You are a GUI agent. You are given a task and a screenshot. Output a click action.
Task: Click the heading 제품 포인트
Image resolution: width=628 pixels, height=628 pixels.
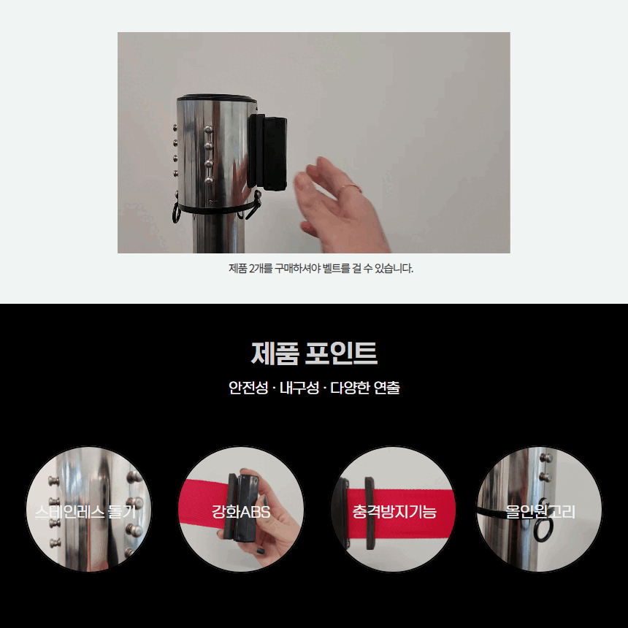point(314,353)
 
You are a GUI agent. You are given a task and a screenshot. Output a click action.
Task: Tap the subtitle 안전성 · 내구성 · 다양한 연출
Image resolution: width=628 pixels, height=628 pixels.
point(314,388)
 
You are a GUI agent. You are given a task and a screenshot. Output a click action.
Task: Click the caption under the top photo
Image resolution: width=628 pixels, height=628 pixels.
point(321,268)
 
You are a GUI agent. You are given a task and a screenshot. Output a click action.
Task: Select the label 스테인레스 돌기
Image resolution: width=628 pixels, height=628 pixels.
point(85,512)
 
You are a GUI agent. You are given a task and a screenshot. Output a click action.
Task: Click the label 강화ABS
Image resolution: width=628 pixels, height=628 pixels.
point(241,512)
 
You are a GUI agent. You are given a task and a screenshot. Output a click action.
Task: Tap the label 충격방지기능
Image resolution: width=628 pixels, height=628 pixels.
point(394,512)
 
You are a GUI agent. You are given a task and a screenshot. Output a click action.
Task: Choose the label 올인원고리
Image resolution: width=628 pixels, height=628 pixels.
point(540,512)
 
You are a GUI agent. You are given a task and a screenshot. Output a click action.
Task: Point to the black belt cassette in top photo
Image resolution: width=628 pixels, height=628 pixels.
point(267,153)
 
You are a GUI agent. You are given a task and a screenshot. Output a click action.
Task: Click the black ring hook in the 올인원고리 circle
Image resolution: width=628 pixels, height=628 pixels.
point(544,521)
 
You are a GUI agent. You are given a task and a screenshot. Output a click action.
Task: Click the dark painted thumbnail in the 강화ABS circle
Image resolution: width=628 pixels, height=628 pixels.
point(261,551)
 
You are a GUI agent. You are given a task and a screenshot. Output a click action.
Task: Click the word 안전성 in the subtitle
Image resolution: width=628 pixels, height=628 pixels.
point(248,388)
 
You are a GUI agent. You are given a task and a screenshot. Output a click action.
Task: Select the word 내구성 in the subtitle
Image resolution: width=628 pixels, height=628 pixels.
point(299,388)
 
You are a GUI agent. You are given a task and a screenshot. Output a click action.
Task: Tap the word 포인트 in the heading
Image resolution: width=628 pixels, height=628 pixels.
point(341,353)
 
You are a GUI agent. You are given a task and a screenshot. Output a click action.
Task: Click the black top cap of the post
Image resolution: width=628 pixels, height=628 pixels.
point(216,97)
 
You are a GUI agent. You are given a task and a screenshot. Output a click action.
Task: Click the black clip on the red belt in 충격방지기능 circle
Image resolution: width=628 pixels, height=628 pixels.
point(369,513)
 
